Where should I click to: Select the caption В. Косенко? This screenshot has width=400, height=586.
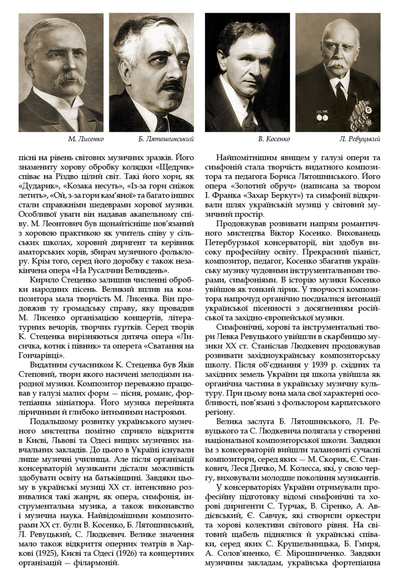pos(270,139)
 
